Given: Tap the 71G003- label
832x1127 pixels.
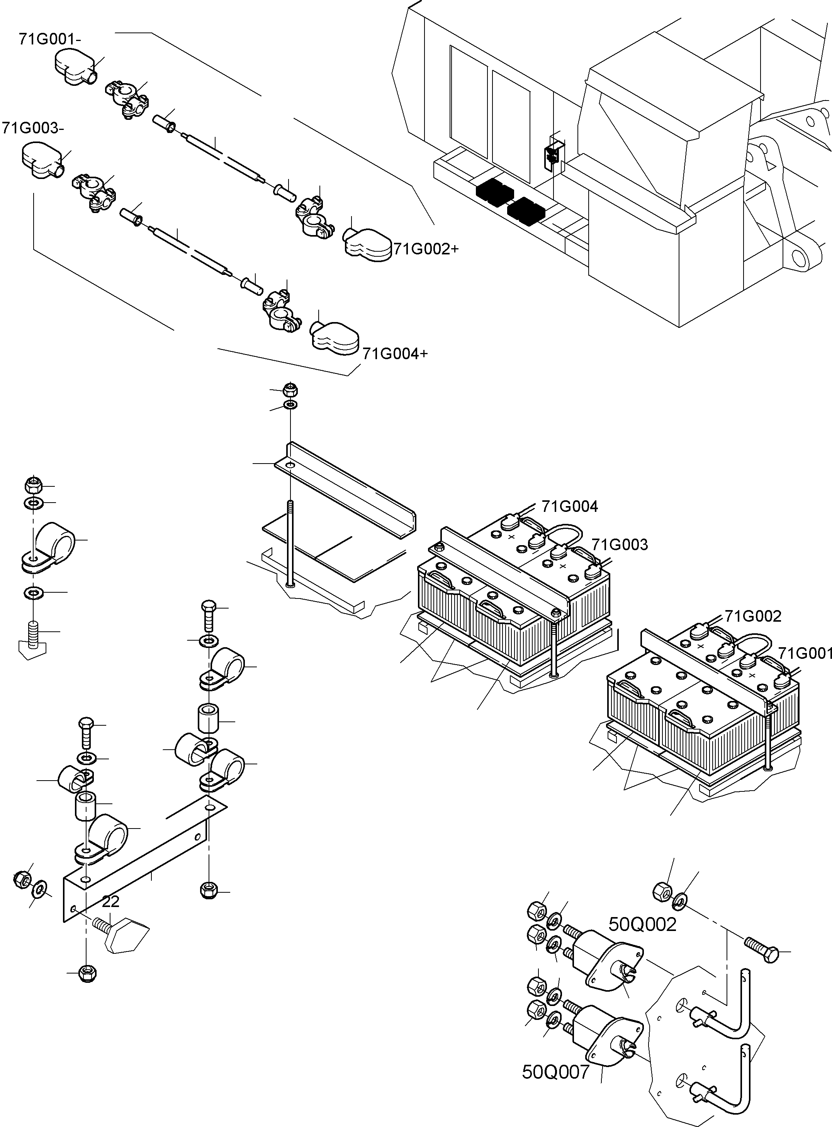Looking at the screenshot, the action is pos(33,128).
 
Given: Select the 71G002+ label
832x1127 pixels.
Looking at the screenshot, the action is pos(426,249).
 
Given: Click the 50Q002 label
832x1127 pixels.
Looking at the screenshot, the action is pos(642,924).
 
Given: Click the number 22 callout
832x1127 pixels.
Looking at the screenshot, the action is pos(111,902).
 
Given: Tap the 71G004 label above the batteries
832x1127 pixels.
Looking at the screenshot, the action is pos(570,506).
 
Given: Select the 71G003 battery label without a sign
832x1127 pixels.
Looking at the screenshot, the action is pos(620,544).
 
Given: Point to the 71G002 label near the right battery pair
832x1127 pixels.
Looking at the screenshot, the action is pos(753,616).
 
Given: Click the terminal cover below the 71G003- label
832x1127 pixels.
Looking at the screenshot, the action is pos(43,160).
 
